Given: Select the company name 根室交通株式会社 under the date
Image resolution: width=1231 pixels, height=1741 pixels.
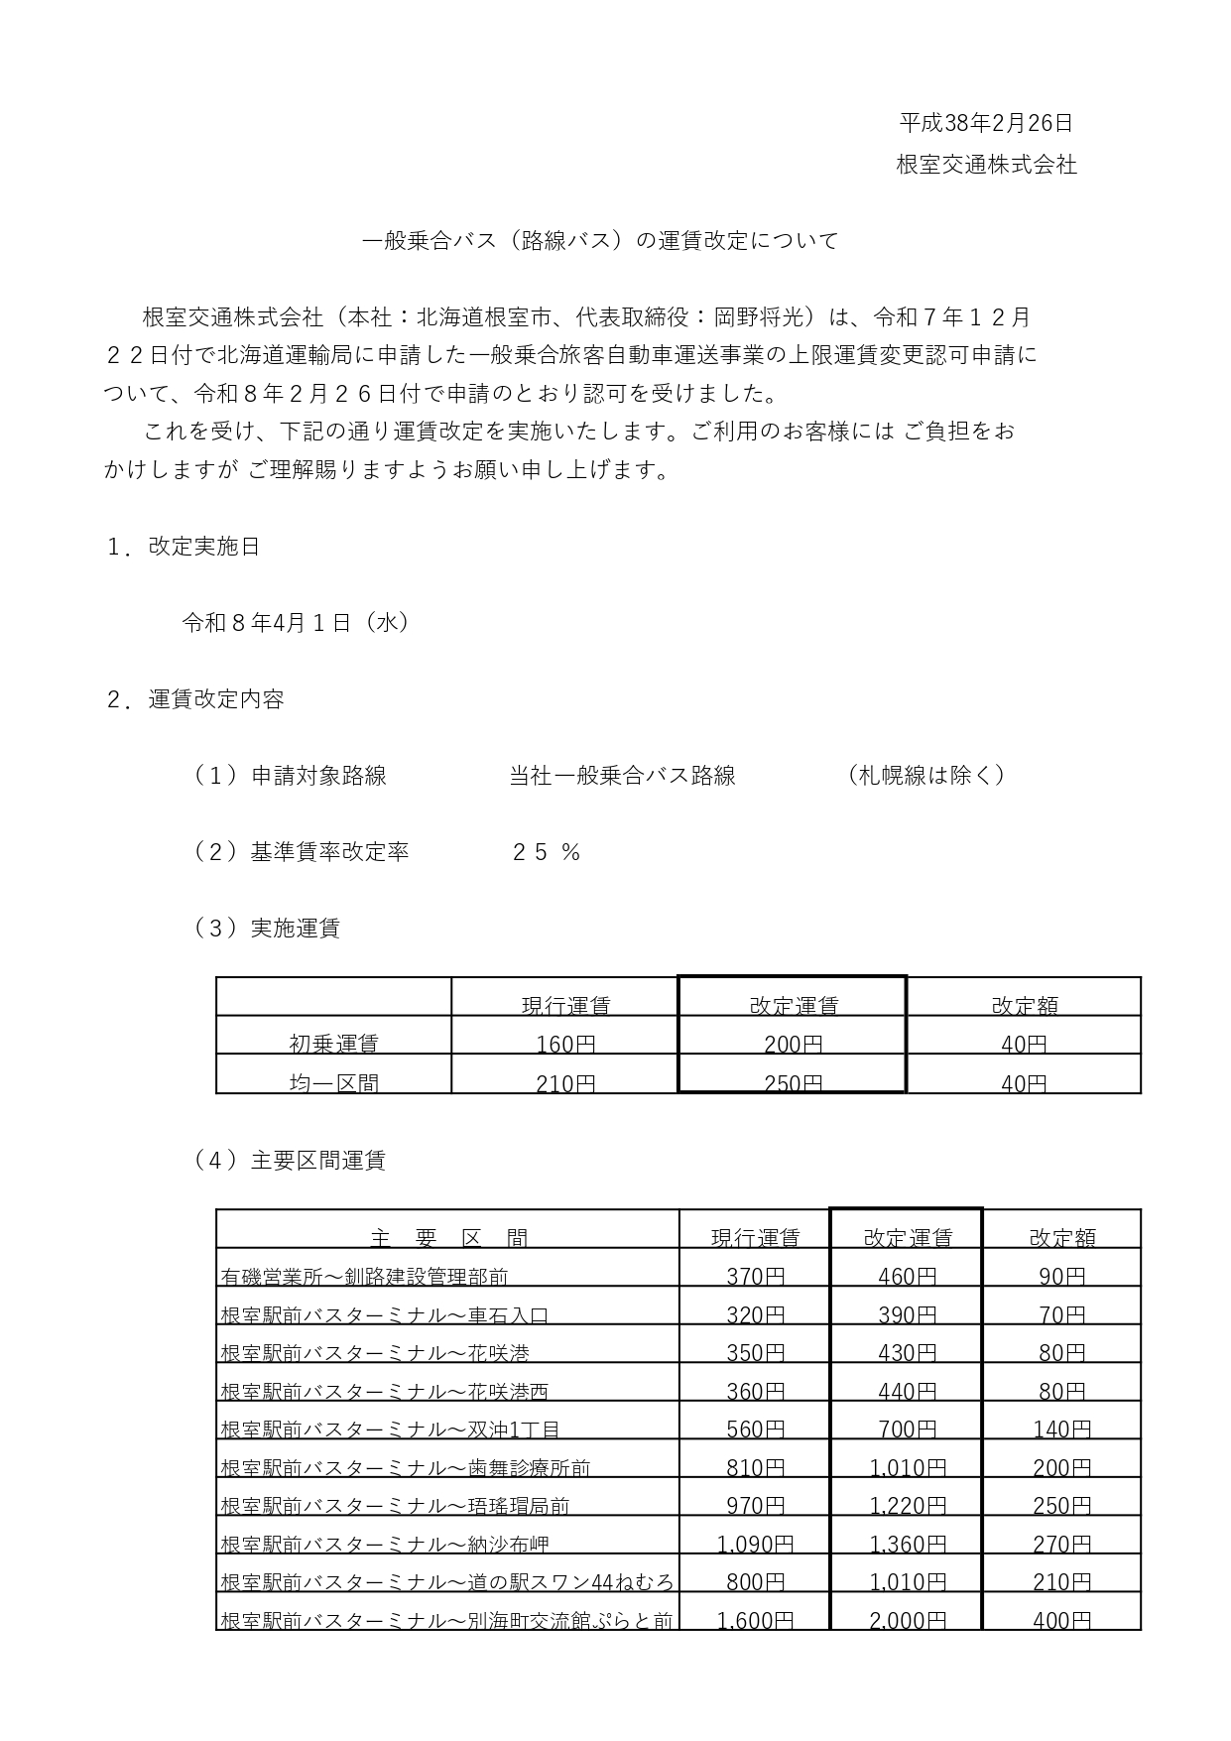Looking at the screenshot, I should coord(986,165).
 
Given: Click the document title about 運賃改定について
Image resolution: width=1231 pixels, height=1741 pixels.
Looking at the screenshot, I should coord(599,241).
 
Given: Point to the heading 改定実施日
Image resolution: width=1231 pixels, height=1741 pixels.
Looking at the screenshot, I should coord(203,547).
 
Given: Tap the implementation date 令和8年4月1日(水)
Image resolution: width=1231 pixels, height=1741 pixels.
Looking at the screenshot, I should coord(296,623).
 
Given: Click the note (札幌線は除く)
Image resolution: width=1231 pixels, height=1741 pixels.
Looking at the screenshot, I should coord(926,776).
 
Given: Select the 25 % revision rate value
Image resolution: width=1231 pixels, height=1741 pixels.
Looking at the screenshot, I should coord(546,852).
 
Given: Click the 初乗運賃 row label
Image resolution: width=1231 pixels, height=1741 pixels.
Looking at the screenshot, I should coord(333,1044).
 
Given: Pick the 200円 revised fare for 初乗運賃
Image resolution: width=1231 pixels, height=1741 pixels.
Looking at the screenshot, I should coord(793,1044).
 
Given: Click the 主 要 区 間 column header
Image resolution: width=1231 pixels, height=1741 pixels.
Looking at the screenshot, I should coord(448,1237).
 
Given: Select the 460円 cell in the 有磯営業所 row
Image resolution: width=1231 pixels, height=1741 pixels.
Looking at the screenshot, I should coord(907,1276).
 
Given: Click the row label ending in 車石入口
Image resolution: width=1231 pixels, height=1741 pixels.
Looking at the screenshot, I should coord(384,1315).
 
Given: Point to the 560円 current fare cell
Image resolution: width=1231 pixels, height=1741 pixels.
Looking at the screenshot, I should coord(755,1430).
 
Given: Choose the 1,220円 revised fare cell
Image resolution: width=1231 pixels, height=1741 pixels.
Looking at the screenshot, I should coord(907,1506).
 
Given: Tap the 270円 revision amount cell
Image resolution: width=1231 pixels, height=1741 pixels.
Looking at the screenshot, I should coord(1061,1544).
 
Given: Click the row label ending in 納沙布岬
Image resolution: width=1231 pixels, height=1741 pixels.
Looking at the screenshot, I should coord(384,1544).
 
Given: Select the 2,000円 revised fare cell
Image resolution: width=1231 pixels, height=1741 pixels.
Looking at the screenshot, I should coord(907,1620).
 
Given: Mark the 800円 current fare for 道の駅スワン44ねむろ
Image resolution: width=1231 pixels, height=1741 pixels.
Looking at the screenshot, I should coord(755,1582).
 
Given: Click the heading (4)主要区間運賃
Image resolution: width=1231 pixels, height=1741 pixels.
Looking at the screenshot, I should coord(289,1160).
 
